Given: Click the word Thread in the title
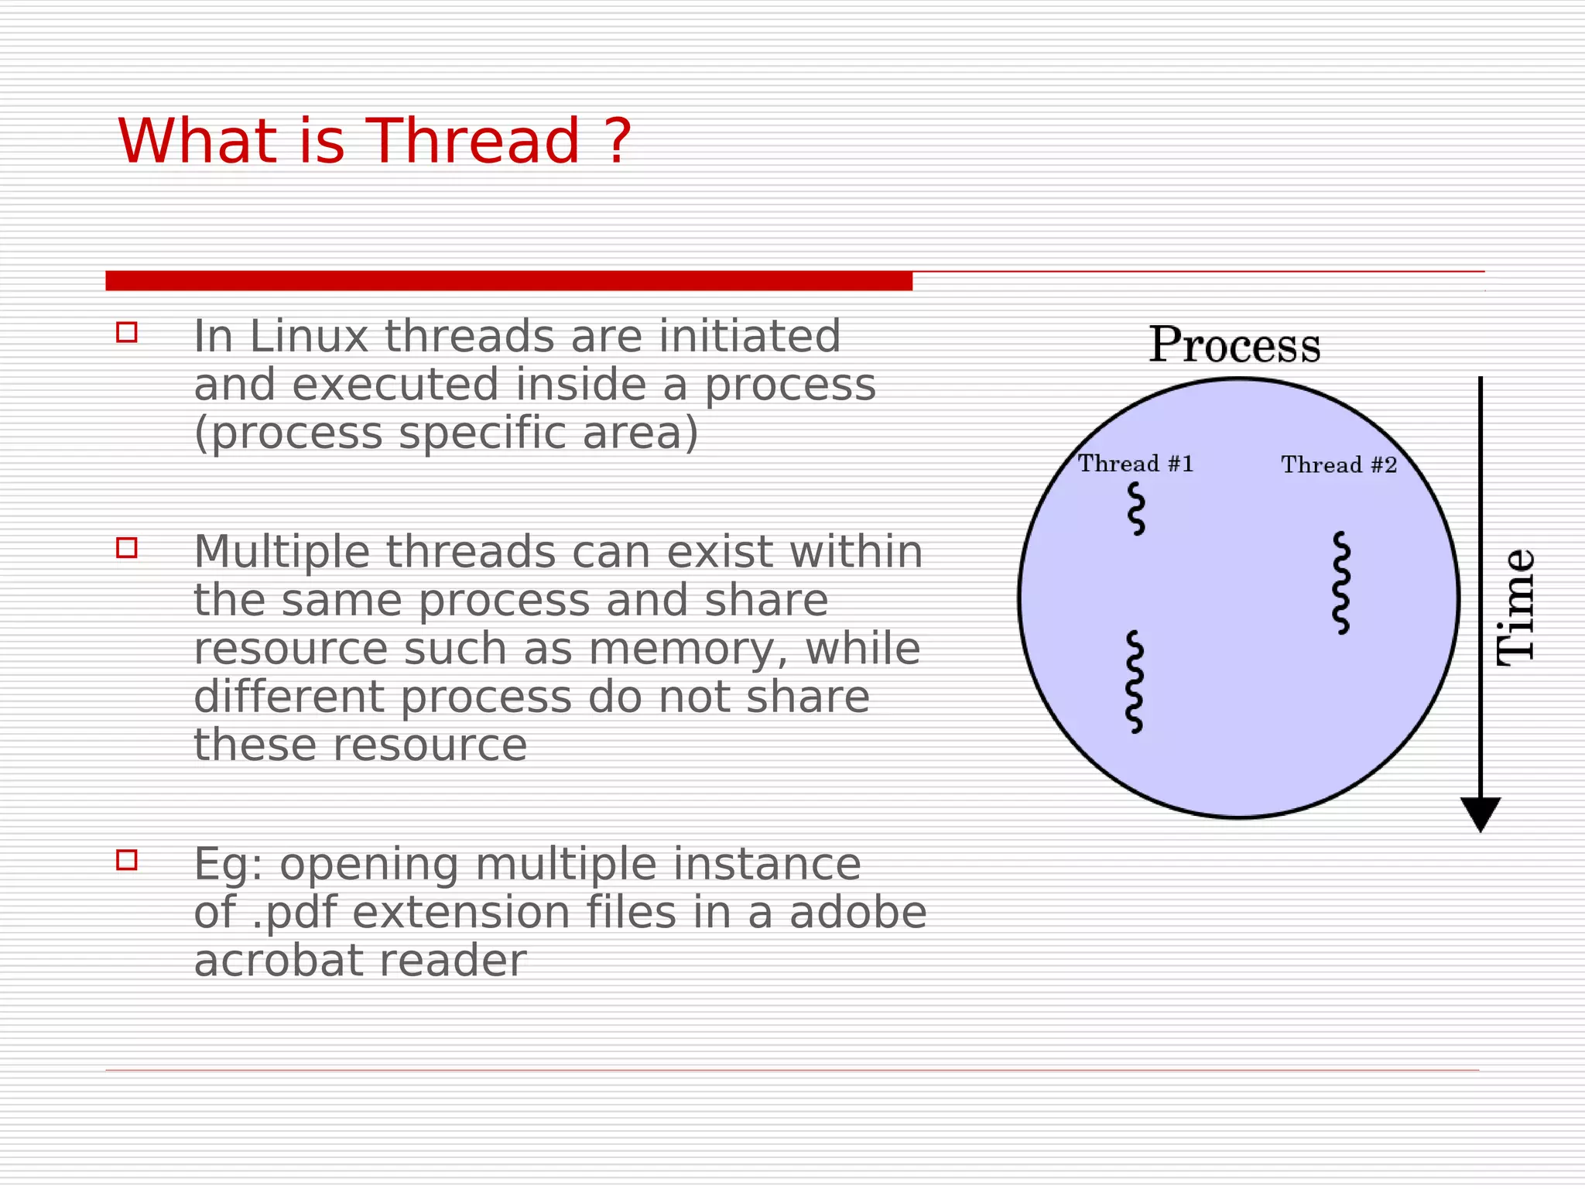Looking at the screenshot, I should [x=472, y=142].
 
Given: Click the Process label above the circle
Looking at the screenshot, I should [x=1234, y=345].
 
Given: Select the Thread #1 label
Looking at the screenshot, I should [x=1135, y=464].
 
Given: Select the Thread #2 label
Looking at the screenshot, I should [x=1339, y=465].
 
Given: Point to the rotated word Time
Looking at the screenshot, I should [x=1515, y=607].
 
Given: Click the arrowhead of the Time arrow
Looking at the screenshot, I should [x=1480, y=813].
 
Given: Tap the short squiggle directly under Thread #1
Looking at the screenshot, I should [x=1136, y=509].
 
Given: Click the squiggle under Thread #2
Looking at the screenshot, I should [x=1341, y=583].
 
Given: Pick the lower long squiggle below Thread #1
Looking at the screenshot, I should [x=1134, y=682].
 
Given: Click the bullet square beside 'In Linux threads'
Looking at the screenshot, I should [x=127, y=332].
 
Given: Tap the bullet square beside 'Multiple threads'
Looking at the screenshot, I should [x=127, y=547].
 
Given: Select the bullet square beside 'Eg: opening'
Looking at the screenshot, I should [x=127, y=859].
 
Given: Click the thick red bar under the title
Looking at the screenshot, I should [x=508, y=280].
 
